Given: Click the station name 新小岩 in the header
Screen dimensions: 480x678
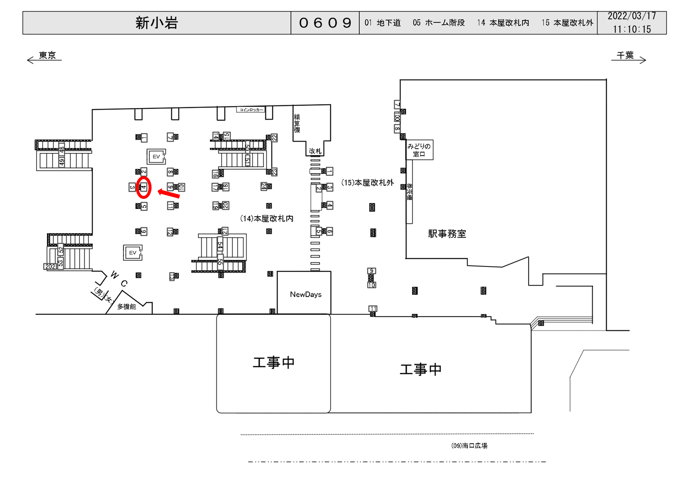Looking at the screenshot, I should (157, 23).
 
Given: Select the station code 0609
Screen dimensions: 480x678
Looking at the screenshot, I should (325, 23).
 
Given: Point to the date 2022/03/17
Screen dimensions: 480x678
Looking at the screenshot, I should (632, 16).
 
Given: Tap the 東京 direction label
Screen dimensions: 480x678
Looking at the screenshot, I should (47, 55).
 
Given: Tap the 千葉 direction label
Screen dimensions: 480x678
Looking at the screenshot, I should (625, 55).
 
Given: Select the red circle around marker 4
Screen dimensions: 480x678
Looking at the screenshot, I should (144, 187).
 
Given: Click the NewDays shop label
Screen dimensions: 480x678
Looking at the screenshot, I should (306, 294).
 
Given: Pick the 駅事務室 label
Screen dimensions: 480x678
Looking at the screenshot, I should (447, 234).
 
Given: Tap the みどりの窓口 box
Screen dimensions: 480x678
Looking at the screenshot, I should (419, 150).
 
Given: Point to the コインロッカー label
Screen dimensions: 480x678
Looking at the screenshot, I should (251, 110).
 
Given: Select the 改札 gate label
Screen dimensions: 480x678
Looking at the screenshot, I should (315, 151).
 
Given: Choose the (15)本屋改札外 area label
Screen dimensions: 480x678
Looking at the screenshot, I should (367, 183).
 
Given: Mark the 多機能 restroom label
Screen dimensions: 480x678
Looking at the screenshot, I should (127, 306).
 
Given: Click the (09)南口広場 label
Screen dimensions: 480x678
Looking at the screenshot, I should (469, 445).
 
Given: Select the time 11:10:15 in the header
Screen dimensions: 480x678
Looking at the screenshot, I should (632, 29).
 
